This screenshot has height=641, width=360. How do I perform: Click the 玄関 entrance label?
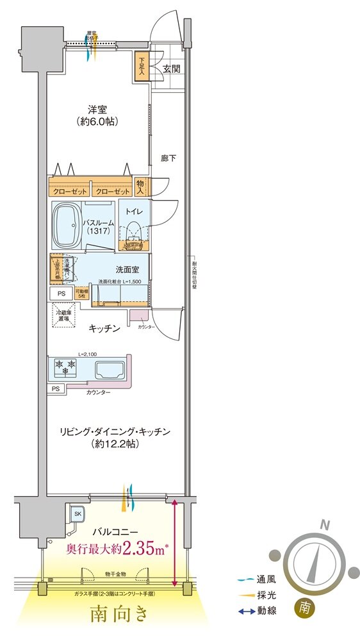click(170, 68)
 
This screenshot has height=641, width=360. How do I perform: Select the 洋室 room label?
click(97, 109)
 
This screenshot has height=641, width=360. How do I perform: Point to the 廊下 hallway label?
click(168, 157)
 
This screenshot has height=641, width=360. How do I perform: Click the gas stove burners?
click(67, 368)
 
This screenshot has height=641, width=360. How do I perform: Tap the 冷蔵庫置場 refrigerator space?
click(64, 314)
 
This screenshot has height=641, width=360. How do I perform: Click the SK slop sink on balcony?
click(78, 514)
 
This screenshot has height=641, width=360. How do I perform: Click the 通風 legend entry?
click(256, 579)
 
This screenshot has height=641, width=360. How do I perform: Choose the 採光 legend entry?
click(256, 595)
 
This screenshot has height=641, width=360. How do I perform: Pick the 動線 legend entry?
click(256, 612)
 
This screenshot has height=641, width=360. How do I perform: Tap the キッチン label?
click(104, 328)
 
